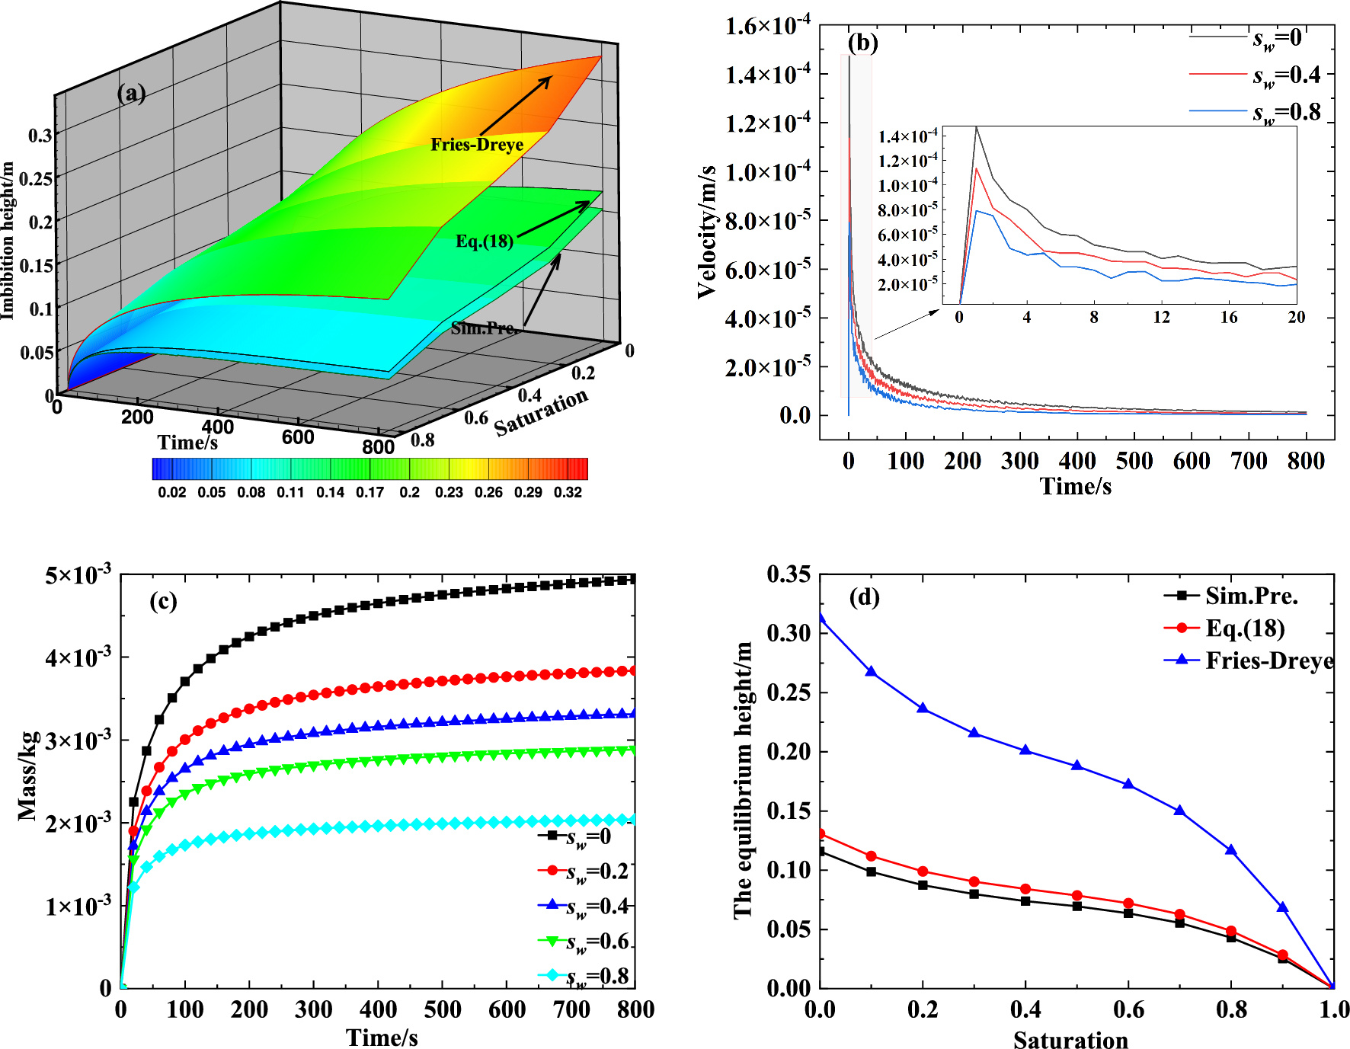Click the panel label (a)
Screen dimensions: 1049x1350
click(131, 94)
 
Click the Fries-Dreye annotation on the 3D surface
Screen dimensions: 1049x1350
click(477, 145)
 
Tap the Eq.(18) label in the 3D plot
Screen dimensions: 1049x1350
click(485, 241)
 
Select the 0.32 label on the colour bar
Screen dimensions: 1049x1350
click(568, 492)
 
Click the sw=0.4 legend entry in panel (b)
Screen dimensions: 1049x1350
click(1287, 75)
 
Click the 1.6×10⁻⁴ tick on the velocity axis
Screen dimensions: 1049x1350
click(767, 27)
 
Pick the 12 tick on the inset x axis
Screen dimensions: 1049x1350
click(1161, 317)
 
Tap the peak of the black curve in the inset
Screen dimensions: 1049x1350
click(976, 128)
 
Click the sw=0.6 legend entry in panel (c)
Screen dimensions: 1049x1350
click(598, 942)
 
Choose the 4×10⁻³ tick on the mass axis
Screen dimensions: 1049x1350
click(78, 657)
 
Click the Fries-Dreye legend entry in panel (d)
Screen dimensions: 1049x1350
click(1269, 660)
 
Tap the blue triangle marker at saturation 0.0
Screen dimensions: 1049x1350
click(821, 617)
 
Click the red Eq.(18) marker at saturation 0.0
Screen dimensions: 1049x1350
click(821, 833)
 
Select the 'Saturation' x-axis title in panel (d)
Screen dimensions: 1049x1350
click(1070, 1039)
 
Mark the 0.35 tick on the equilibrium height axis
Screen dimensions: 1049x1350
click(789, 574)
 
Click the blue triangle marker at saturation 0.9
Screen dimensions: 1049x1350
click(1283, 907)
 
